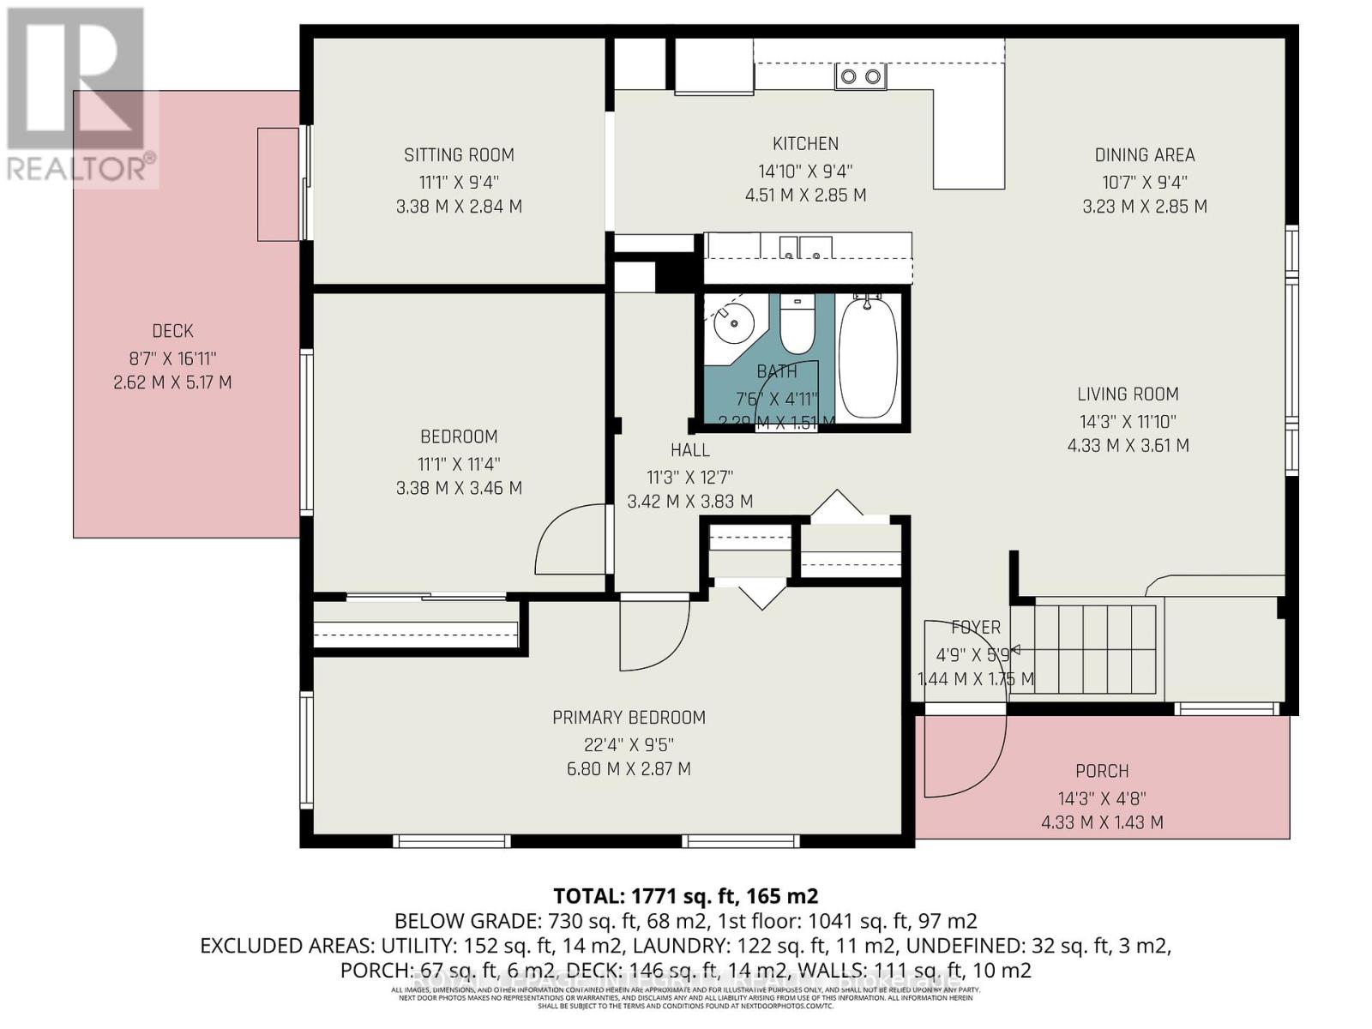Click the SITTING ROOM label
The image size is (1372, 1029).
tap(459, 155)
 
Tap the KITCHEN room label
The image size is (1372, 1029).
tap(805, 144)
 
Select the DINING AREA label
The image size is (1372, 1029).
tap(1144, 155)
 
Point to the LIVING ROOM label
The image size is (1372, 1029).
tap(1128, 394)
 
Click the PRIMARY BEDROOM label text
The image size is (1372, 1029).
tap(629, 718)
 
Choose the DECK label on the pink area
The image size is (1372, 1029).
tap(172, 331)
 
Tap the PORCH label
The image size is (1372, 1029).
tap(1102, 772)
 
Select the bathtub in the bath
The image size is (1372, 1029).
tap(868, 358)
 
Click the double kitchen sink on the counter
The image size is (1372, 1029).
tap(860, 77)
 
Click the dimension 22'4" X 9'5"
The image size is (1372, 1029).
tap(629, 744)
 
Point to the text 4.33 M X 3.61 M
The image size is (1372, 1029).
tap(1128, 446)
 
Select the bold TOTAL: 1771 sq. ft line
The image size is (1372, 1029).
tap(685, 897)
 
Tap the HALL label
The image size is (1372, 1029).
tap(689, 450)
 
